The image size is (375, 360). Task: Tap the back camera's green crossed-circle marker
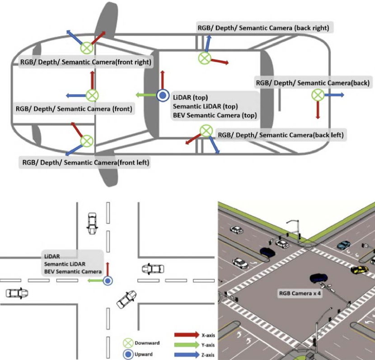pyautogui.click(x=318, y=95)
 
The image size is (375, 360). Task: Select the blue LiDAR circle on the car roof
pyautogui.click(x=163, y=95)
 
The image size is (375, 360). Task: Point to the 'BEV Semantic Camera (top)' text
pyautogui.click(x=215, y=116)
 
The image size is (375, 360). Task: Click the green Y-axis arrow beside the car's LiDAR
pyautogui.click(x=145, y=95)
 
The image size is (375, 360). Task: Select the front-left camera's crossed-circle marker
pyautogui.click(x=87, y=140)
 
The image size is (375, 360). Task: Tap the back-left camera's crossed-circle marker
pyautogui.click(x=206, y=131)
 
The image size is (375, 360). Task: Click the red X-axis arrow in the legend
pyautogui.click(x=186, y=335)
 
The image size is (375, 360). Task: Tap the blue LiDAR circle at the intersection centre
pyautogui.click(x=108, y=281)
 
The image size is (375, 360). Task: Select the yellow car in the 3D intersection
pyautogui.click(x=359, y=270)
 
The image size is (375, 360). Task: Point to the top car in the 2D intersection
pyautogui.click(x=92, y=222)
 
